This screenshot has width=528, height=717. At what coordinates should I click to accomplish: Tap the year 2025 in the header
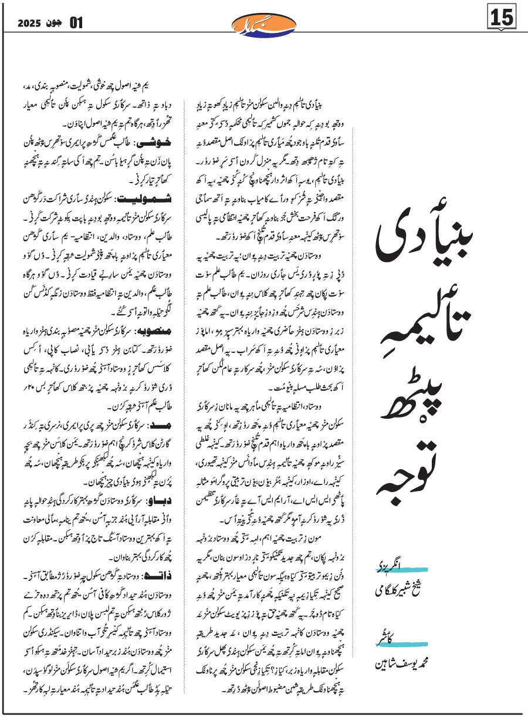(30, 23)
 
